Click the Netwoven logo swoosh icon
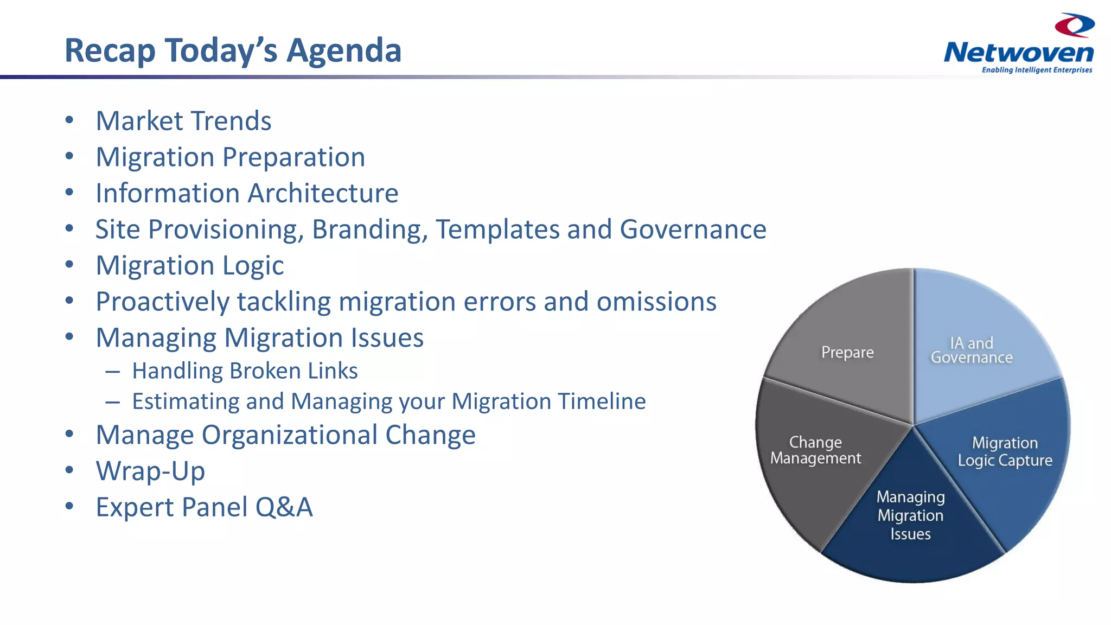click(1074, 25)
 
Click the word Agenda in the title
click(343, 50)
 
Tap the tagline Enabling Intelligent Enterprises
click(1037, 70)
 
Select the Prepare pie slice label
click(847, 353)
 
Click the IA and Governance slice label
click(972, 350)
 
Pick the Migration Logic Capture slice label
click(1005, 451)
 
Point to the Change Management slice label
click(815, 450)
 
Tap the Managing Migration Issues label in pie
click(910, 515)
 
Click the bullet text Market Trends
click(183, 121)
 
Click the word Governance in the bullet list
click(693, 229)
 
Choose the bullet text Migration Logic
click(189, 266)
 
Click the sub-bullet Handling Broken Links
click(245, 371)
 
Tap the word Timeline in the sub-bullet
click(602, 401)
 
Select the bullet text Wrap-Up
click(150, 471)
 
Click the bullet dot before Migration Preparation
click(69, 156)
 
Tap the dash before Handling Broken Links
click(112, 372)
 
